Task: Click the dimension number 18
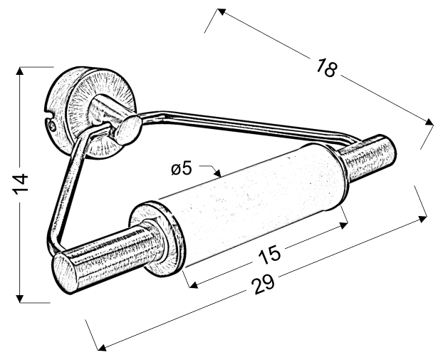[326, 68]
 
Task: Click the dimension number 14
[21, 184]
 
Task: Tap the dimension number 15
[269, 254]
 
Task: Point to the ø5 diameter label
[182, 169]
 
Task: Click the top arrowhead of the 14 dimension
[19, 71]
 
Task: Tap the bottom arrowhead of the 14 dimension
[19, 299]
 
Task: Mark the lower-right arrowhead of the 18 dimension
[429, 122]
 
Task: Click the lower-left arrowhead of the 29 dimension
[102, 348]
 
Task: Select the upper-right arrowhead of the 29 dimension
[422, 219]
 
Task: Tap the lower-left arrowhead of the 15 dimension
[194, 284]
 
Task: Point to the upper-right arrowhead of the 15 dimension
[343, 225]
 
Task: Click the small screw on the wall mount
[51, 126]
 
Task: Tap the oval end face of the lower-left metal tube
[66, 272]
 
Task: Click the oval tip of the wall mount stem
[129, 130]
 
